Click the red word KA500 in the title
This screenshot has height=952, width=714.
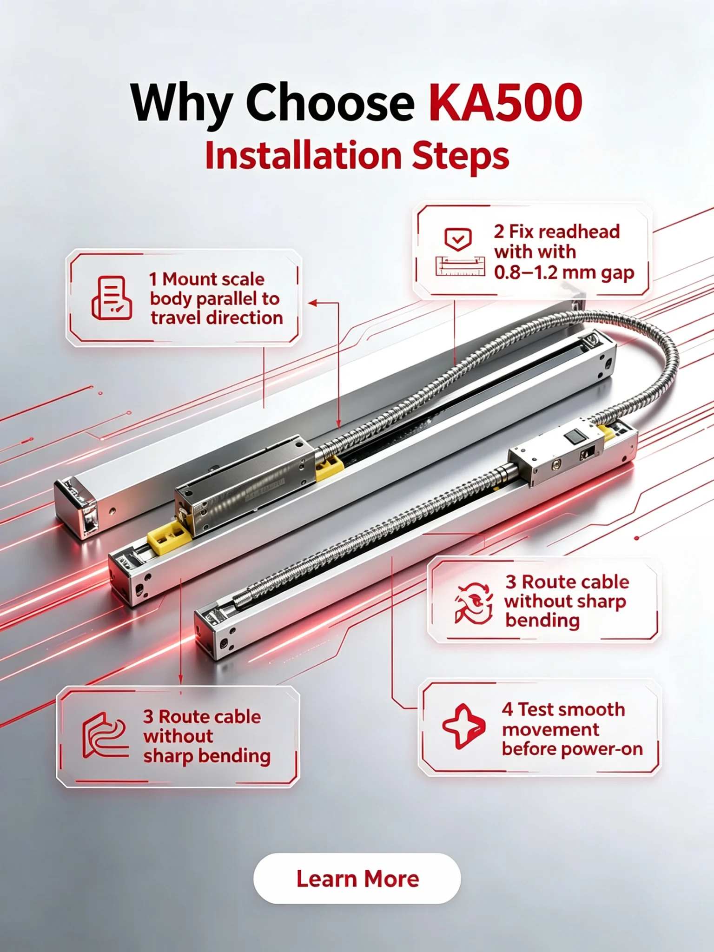pos(505,102)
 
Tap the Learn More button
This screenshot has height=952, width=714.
pos(357,879)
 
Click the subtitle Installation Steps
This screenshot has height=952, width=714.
pos(357,156)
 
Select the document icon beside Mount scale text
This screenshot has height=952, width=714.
pos(112,298)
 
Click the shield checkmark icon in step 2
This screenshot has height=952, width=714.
pos(458,239)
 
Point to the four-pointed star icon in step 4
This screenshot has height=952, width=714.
pos(463,727)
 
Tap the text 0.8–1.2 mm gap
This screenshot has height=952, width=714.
pos(564,272)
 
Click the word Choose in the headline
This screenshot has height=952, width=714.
pos(330,102)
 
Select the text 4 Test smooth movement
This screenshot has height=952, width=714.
pos(563,720)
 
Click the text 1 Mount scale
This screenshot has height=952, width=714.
pos(207,279)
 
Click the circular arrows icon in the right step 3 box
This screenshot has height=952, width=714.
pos(474,603)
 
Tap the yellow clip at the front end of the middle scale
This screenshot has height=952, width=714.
pos(169,536)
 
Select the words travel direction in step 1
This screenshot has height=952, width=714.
pos(217,318)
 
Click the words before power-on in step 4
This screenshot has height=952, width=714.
pos(572,749)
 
